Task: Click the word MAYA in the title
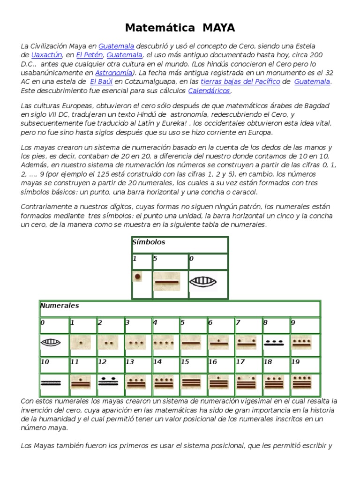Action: pyautogui.click(x=219, y=28)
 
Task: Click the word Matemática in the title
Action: pyautogui.click(x=159, y=28)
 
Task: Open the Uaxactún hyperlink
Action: pyautogui.click(x=46, y=55)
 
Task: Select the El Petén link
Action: pyautogui.click(x=89, y=55)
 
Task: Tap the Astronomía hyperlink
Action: pyautogui.click(x=113, y=73)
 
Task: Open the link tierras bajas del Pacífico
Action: pyautogui.click(x=240, y=82)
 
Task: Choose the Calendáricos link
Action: pyautogui.click(x=209, y=90)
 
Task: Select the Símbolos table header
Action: pyautogui.click(x=149, y=242)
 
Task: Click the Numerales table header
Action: pyautogui.click(x=60, y=306)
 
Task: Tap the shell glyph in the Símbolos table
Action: pyautogui.click(x=202, y=282)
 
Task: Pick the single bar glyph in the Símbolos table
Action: pyautogui.click(x=166, y=282)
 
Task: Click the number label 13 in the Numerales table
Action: pyautogui.click(x=129, y=362)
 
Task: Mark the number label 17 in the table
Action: pyautogui.click(x=240, y=362)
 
